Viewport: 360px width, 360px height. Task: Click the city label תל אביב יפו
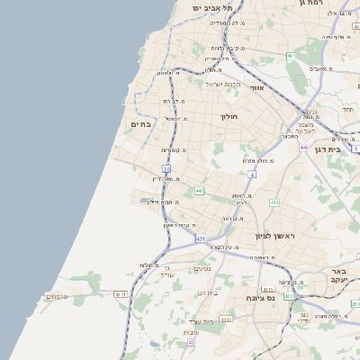click(211, 7)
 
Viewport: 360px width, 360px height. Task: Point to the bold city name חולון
click(229, 117)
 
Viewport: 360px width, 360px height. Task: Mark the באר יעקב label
click(339, 274)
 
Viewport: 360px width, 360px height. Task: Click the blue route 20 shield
click(166, 168)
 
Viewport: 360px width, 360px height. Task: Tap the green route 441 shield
click(199, 191)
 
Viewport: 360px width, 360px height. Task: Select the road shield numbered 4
click(253, 174)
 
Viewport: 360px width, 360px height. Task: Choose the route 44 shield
click(304, 147)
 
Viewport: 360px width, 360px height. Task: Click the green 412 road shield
click(274, 202)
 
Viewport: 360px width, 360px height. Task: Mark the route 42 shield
click(191, 342)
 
